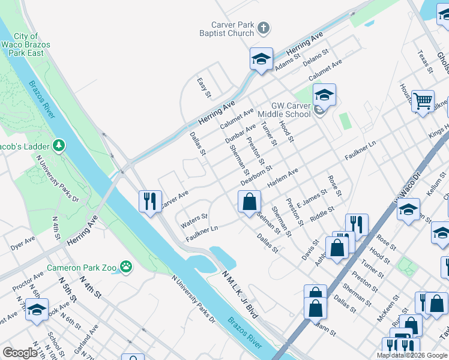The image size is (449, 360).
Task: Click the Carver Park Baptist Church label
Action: pos(224,29)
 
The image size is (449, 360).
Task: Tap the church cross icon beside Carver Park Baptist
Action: pos(264,28)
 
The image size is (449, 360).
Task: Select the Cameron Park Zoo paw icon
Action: pos(126,266)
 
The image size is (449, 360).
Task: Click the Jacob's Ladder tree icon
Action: pos(59,145)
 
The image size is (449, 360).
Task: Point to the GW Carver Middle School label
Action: pos(284,110)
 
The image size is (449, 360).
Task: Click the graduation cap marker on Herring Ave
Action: pos(261,59)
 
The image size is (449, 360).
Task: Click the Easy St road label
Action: pos(204,88)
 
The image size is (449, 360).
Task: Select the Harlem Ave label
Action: pos(283,177)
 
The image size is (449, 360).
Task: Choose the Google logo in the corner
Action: pos(20,353)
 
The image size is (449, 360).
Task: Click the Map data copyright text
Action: pos(412,355)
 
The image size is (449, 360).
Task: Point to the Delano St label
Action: pos(316,58)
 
